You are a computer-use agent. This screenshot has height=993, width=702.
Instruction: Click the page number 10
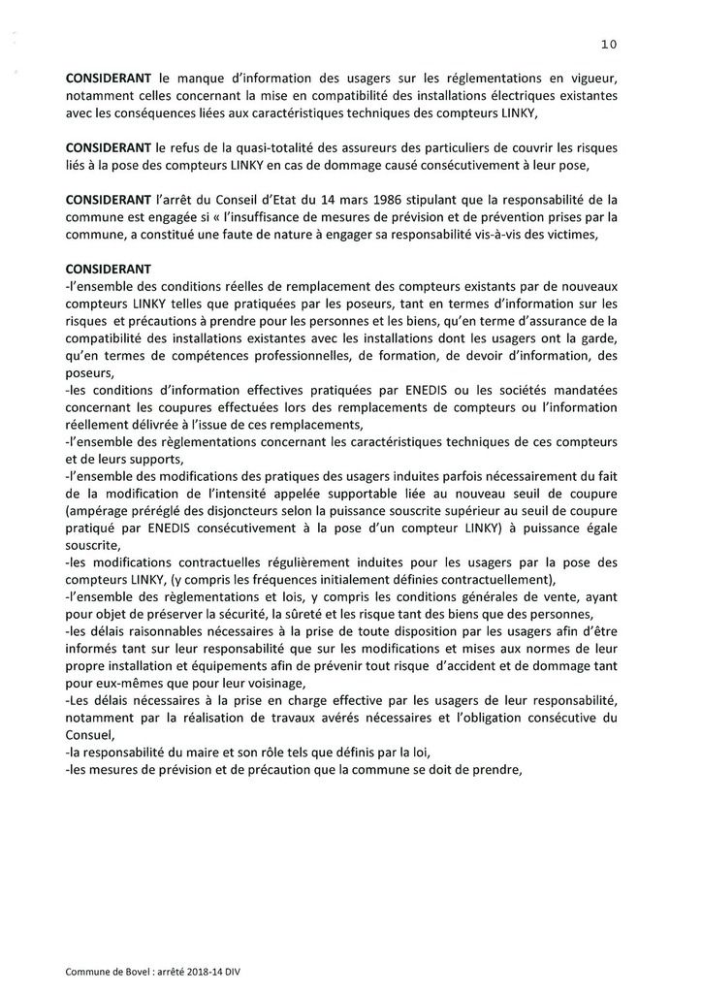[609, 43]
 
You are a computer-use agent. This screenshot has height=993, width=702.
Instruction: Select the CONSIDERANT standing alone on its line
[107, 267]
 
